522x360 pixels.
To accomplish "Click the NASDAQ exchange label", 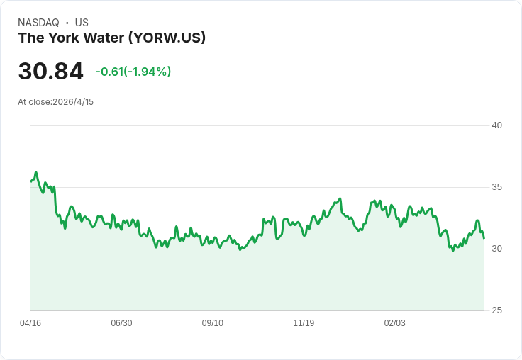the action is coord(38,23).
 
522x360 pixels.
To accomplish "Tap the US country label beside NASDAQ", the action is coord(82,23).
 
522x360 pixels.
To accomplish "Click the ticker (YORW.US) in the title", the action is coord(167,38).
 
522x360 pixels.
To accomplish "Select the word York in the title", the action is coord(65,38).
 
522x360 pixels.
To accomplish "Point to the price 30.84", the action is coord(50,71).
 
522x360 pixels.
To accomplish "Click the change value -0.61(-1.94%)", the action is coord(133,72).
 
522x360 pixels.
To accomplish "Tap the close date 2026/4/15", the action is coord(73,102).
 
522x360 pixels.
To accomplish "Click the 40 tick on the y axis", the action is coord(496,125).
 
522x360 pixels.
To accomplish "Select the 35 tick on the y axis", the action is coord(496,187).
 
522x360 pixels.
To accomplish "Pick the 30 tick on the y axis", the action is coord(496,249).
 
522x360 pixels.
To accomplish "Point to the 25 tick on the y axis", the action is coord(496,310).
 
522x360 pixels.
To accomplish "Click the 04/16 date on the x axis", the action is coord(30,323).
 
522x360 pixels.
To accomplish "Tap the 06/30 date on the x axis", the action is coord(121,323).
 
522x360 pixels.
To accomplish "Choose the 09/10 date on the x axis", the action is coord(212,323).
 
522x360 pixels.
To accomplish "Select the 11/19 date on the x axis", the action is coord(304,323).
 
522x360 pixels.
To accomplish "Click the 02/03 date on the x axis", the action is coord(394,323).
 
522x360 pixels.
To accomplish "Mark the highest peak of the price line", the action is coord(36,172).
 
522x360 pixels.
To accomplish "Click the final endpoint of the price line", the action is coord(484,238).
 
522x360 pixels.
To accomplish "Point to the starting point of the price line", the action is coord(30,181).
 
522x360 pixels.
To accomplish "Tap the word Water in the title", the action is coord(104,38).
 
